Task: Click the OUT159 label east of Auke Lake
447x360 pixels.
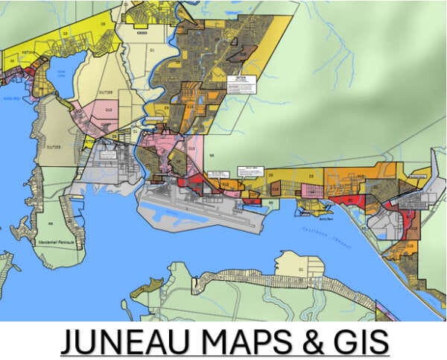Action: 109,93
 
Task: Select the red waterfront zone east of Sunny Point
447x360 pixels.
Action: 349,200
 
